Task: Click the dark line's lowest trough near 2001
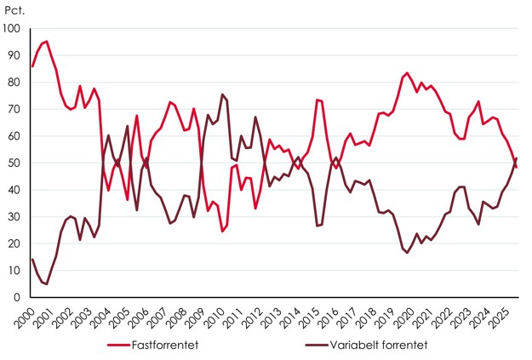(x=47, y=283)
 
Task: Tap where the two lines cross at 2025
(x=514, y=163)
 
